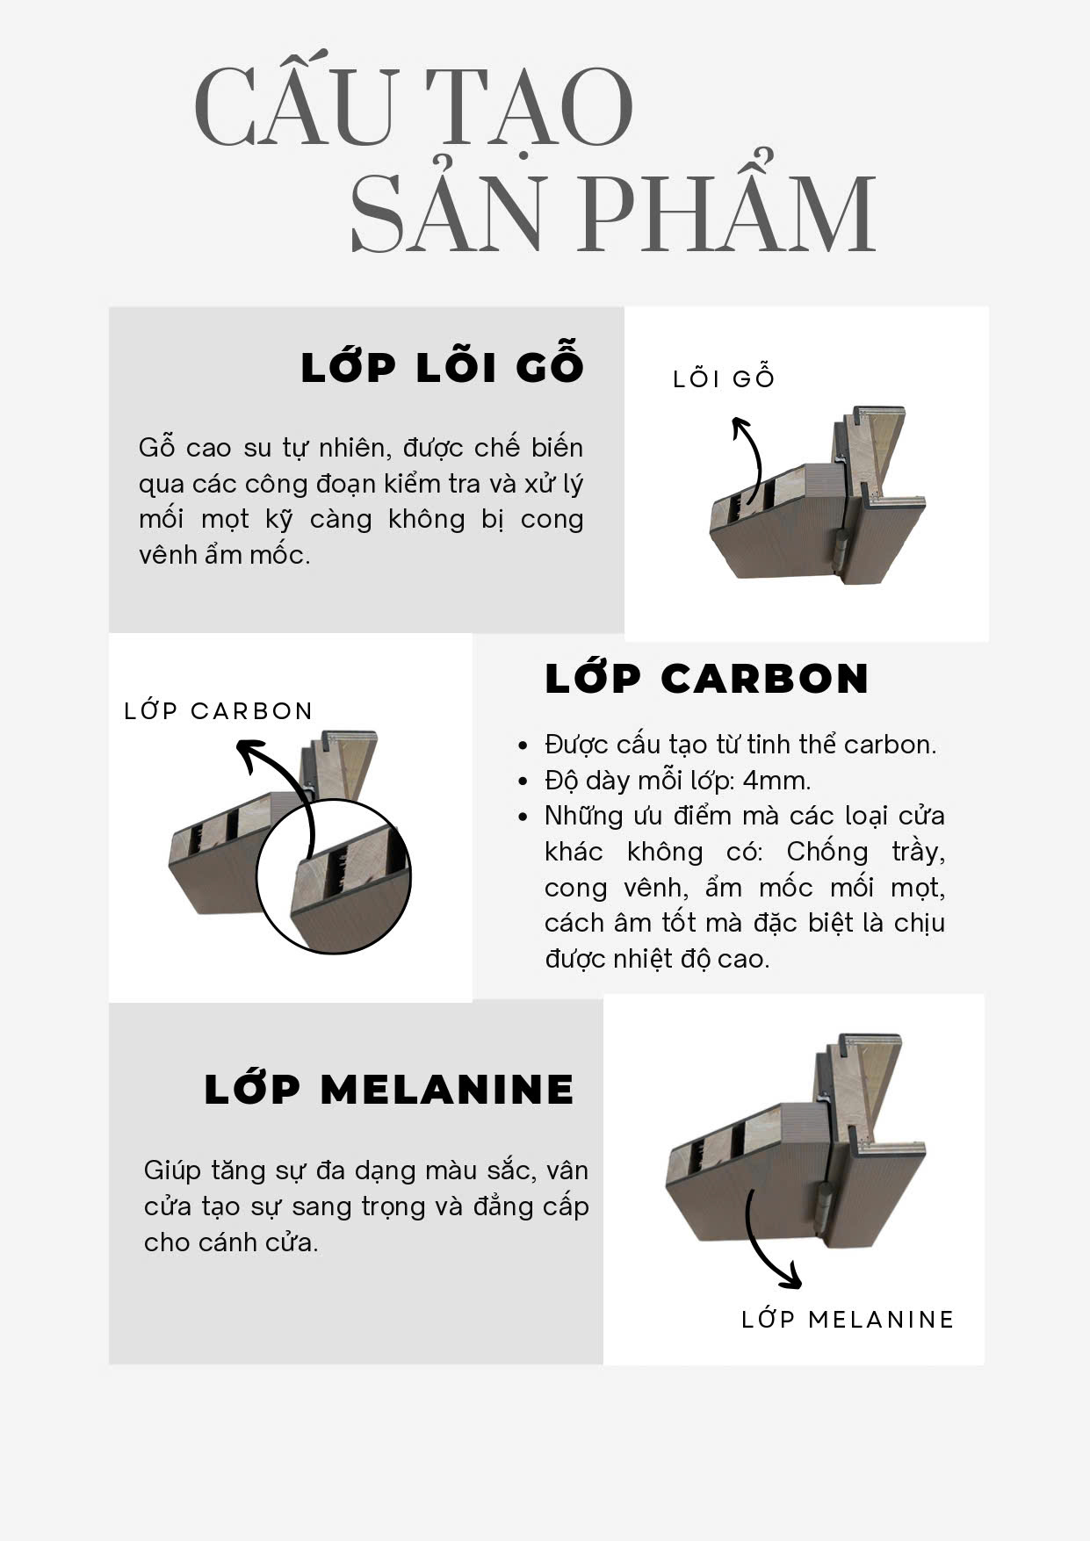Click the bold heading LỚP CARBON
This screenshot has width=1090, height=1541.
click(x=706, y=678)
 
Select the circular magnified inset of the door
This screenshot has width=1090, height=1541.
click(x=333, y=876)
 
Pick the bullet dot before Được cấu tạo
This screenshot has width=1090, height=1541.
click(x=523, y=745)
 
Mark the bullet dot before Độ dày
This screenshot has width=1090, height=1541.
click(x=523, y=781)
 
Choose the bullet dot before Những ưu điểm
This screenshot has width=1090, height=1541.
click(x=523, y=817)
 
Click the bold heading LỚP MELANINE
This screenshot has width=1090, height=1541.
click(x=388, y=1089)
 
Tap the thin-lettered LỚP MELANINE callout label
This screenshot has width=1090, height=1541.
click(x=848, y=1319)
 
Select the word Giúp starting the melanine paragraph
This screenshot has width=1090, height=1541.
click(x=172, y=1171)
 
